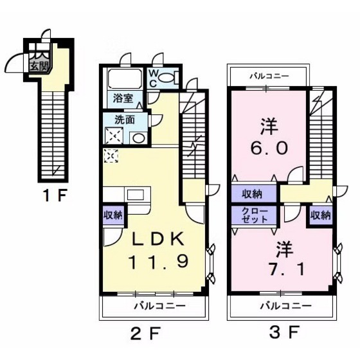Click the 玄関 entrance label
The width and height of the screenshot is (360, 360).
(x=39, y=67)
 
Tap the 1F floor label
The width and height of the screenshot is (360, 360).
(x=55, y=196)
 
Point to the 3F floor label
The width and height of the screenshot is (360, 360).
(x=284, y=332)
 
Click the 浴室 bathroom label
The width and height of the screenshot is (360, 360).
(x=123, y=98)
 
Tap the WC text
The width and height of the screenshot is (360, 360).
(x=153, y=78)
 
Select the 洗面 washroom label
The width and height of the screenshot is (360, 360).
(x=125, y=120)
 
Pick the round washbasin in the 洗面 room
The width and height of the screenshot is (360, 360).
(x=139, y=138)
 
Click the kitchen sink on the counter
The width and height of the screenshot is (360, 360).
(x=136, y=195)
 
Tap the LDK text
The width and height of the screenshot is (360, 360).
(x=157, y=239)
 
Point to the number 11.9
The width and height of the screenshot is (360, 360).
(x=159, y=262)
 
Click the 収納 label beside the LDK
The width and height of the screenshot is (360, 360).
(x=113, y=215)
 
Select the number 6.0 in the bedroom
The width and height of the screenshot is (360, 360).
(x=269, y=148)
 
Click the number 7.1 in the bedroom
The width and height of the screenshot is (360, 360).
(x=287, y=269)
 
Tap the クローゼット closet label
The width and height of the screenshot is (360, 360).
(x=255, y=215)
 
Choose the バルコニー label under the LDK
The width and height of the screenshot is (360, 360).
(x=160, y=306)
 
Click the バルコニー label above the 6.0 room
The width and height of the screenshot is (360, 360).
(x=269, y=76)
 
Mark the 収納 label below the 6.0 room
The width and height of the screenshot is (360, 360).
(x=253, y=194)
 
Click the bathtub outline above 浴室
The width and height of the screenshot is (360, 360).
(x=125, y=78)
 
